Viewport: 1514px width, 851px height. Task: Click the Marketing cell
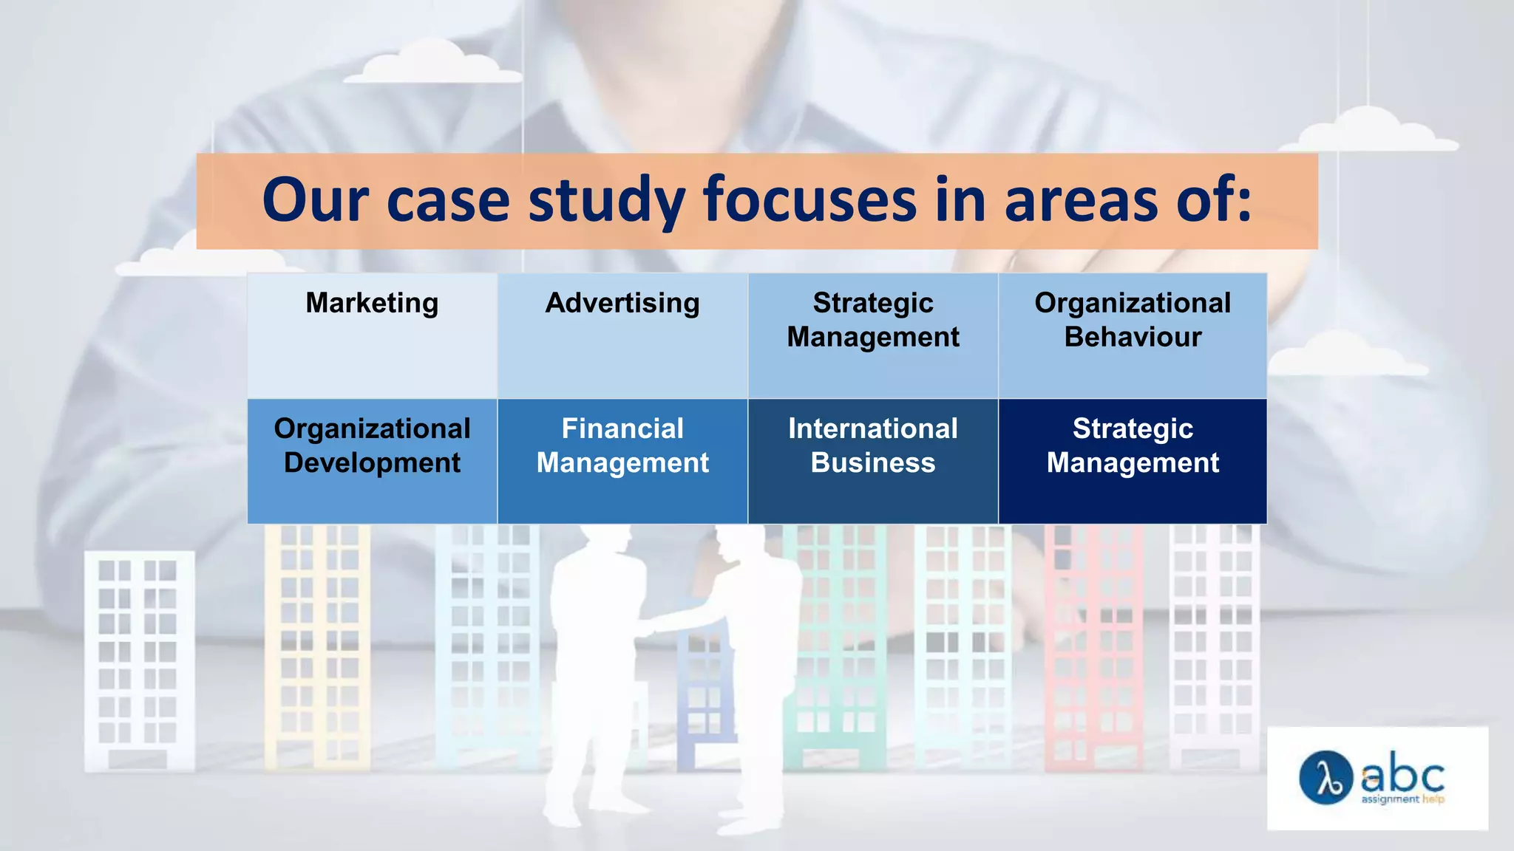tap(372, 335)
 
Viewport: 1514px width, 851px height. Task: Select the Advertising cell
tap(622, 335)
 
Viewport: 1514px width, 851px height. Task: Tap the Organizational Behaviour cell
tap(1133, 335)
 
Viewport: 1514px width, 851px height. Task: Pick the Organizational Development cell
tap(372, 461)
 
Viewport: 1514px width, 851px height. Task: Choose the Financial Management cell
tap(622, 461)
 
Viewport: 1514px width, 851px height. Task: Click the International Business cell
tap(873, 461)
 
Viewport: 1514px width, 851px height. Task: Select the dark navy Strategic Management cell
tap(1133, 461)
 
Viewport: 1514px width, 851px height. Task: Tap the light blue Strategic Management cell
tap(873, 335)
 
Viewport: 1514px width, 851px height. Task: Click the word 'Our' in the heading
tap(315, 200)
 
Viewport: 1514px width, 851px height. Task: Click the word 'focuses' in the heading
tap(809, 200)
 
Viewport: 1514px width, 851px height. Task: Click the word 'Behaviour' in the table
tap(1133, 338)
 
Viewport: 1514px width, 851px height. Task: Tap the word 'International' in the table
tap(873, 428)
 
